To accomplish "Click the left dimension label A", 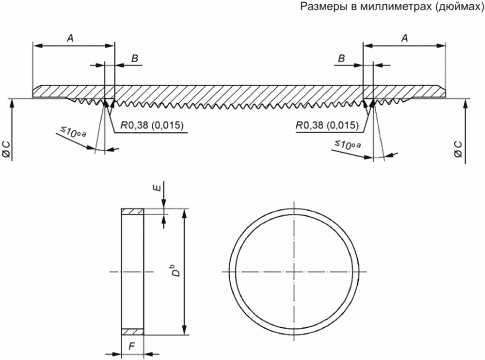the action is point(71,39).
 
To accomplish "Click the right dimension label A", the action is point(405,39).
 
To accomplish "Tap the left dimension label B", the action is point(134,58).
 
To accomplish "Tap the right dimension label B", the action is point(341,58).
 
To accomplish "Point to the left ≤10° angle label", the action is point(73,133).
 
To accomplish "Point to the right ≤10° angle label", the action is point(348,144).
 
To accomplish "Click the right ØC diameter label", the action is point(458,149).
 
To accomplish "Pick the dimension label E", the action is point(157,188).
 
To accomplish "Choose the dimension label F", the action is point(132,346).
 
